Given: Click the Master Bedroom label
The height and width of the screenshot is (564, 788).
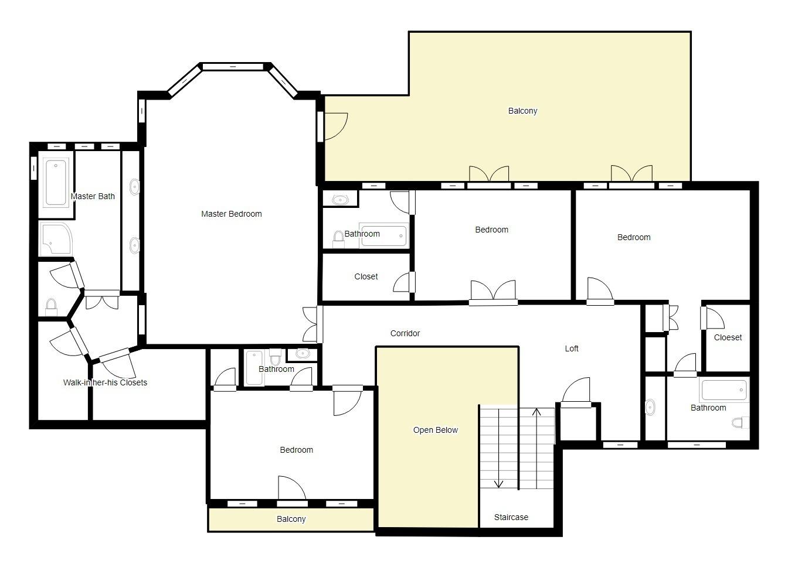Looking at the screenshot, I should [231, 214].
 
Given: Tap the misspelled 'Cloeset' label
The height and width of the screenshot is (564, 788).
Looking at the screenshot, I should [728, 337].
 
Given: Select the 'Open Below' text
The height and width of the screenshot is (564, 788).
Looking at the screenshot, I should [435, 430].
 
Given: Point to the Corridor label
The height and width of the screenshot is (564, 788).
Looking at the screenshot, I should [405, 333].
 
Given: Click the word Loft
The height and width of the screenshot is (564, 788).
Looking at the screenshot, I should [571, 348].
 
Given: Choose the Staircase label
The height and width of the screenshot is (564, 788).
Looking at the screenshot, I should [511, 517].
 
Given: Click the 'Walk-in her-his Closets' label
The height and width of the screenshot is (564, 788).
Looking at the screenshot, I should [105, 382].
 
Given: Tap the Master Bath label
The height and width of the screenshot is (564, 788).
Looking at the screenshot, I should [93, 196].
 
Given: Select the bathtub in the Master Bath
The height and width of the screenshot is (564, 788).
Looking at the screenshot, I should [56, 183].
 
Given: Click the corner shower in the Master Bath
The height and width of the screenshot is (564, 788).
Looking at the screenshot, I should [54, 239].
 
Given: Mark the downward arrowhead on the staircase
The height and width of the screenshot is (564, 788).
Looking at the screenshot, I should [499, 483].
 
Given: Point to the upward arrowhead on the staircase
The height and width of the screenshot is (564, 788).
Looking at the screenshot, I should [536, 412].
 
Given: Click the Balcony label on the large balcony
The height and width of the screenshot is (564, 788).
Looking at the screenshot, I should [522, 111].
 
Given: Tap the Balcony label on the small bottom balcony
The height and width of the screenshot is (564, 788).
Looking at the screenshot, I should [291, 519].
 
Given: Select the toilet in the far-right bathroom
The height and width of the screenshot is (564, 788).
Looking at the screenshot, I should [741, 422].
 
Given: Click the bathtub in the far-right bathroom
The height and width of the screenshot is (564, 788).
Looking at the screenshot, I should [724, 390].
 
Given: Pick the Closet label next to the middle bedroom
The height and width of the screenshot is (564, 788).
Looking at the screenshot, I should [366, 276].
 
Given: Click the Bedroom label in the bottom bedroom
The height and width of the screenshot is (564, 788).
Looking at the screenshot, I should [296, 450].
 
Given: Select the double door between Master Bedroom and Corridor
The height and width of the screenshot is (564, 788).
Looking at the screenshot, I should [311, 324].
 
